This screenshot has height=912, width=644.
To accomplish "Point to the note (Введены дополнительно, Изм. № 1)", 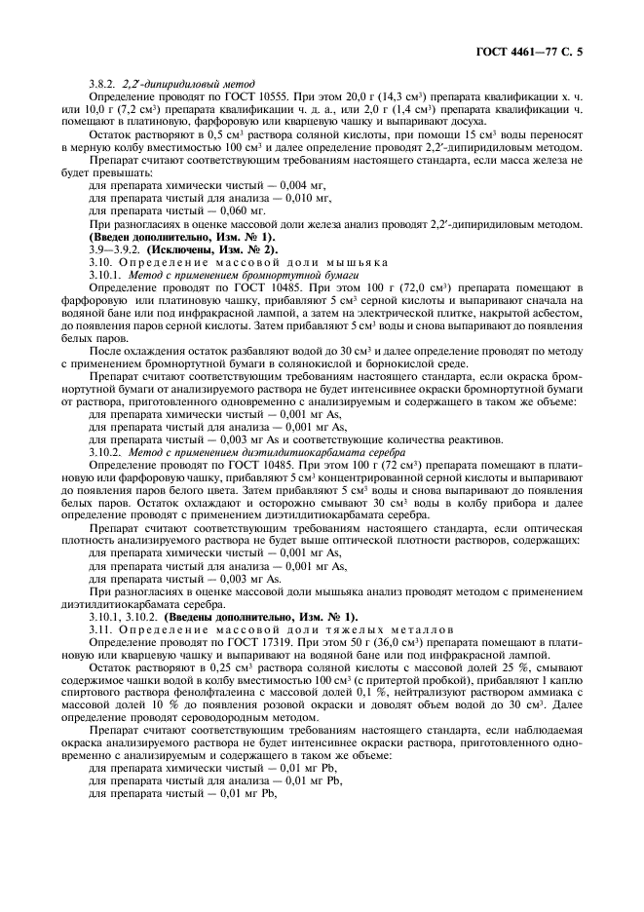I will tap(261, 616).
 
